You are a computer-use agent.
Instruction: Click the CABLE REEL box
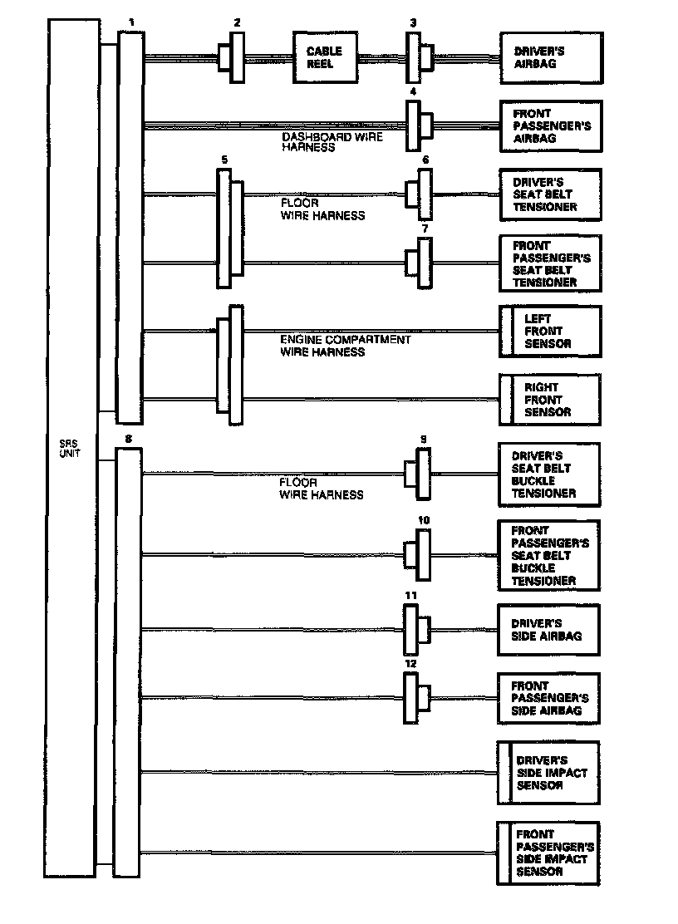coord(325,57)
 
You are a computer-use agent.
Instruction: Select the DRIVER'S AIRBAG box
coord(551,58)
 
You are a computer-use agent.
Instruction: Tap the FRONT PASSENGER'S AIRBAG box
coord(551,126)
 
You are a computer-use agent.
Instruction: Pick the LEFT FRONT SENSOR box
coord(549,332)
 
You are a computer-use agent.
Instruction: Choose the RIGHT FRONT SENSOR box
coord(549,400)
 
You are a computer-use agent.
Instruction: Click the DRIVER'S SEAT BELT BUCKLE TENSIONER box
coord(548,474)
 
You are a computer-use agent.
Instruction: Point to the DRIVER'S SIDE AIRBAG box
coord(548,630)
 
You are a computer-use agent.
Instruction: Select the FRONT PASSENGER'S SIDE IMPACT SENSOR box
coord(548,853)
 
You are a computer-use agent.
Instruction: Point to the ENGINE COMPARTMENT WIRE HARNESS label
coord(345,346)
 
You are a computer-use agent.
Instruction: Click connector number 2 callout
coord(237,22)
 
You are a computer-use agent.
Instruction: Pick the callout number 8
coord(127,437)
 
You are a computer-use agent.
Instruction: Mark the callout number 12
coord(410,664)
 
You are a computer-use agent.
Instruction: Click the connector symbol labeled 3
coord(418,58)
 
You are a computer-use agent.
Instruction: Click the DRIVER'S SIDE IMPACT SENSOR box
coord(548,773)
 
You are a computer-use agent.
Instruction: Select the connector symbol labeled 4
coord(418,126)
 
